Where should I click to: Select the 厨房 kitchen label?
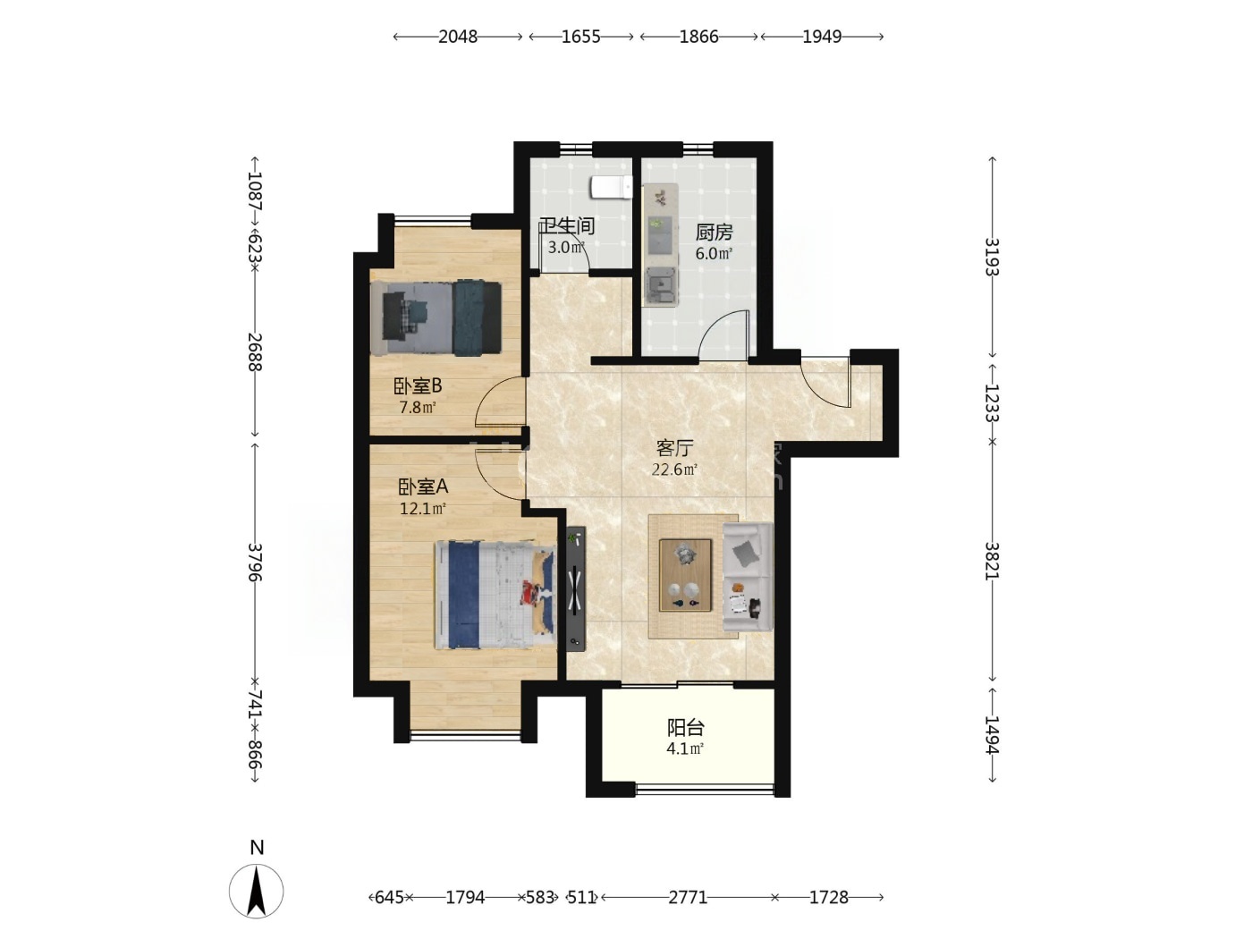(713, 232)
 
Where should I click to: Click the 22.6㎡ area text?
(674, 469)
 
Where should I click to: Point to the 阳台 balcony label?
(685, 727)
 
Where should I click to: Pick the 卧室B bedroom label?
(418, 386)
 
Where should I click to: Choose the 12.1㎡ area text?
(422, 507)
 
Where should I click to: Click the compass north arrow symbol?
(256, 891)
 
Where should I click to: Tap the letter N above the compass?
(257, 847)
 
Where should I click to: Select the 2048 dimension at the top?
(458, 37)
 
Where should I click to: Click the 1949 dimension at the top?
(822, 37)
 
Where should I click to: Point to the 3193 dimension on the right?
(993, 257)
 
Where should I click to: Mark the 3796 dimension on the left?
(254, 562)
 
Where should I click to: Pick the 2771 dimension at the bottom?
(688, 897)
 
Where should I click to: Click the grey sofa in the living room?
(748, 577)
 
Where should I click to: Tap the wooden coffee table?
(685, 575)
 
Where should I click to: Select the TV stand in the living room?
(576, 588)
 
